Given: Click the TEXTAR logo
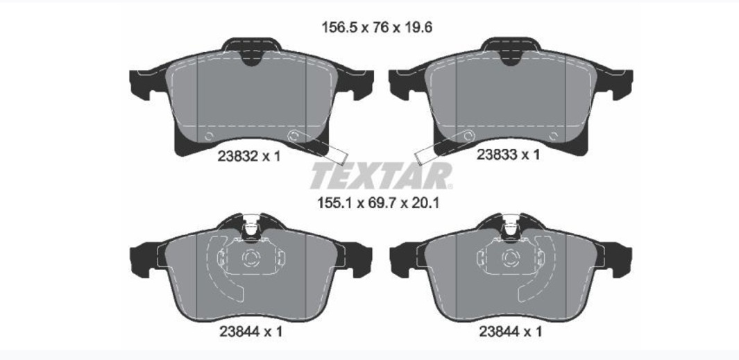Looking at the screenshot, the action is click(x=381, y=175).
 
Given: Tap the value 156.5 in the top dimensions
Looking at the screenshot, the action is click(x=339, y=28).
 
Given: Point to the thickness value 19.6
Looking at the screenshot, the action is click(x=417, y=28).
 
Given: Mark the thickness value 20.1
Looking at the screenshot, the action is click(x=425, y=203).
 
